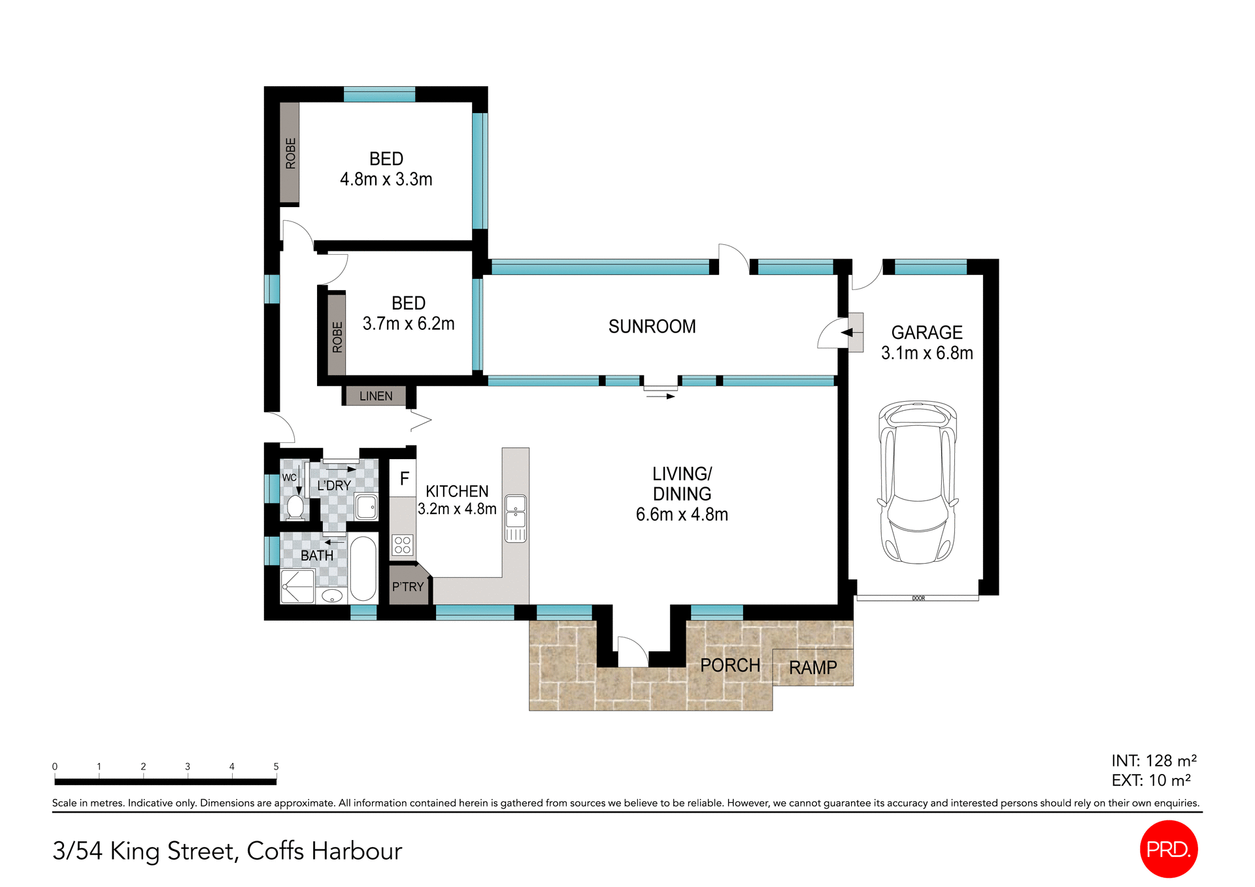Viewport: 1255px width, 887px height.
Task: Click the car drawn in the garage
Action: pos(918,482)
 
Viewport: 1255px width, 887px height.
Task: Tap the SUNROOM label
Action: pos(652,327)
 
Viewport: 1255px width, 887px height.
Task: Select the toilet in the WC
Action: pos(295,507)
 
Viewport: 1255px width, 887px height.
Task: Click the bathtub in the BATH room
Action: pos(363,568)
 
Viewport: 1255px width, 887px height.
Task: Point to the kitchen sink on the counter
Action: pos(516,511)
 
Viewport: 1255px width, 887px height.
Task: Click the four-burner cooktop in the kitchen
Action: pos(403,545)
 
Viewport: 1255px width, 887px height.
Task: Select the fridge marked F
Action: pos(404,479)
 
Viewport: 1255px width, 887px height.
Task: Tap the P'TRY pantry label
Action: pos(408,587)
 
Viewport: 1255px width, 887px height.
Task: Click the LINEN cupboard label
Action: pos(376,396)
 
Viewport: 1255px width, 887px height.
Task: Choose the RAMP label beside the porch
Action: pos(812,668)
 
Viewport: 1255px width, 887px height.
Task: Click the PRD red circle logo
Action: pos(1168,848)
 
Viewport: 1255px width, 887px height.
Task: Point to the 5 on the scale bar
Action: pos(276,767)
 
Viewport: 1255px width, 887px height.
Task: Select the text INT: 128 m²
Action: pos(1154,761)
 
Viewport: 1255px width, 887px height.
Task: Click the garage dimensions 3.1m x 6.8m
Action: pos(926,353)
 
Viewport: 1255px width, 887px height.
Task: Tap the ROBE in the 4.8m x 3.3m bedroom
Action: pos(290,153)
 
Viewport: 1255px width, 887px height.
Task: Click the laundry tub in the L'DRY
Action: pos(366,507)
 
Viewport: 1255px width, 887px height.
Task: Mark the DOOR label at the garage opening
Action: pos(918,598)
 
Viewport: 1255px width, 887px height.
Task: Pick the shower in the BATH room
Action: pos(297,586)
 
